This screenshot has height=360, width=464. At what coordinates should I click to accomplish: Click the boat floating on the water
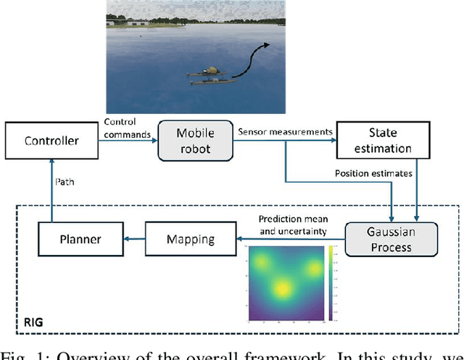pyautogui.click(x=210, y=77)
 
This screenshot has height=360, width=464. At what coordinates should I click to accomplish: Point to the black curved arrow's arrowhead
pyautogui.click(x=268, y=45)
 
